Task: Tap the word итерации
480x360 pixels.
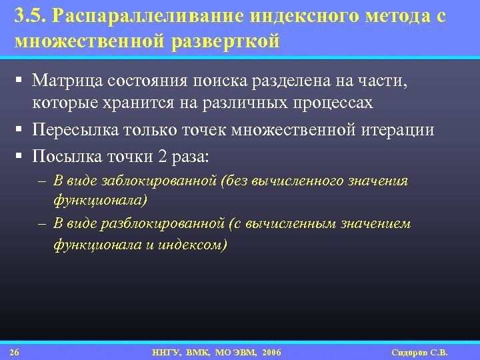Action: [x=398, y=130]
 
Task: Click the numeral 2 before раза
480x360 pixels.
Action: [x=163, y=157]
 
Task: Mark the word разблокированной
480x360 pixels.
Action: [x=164, y=223]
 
